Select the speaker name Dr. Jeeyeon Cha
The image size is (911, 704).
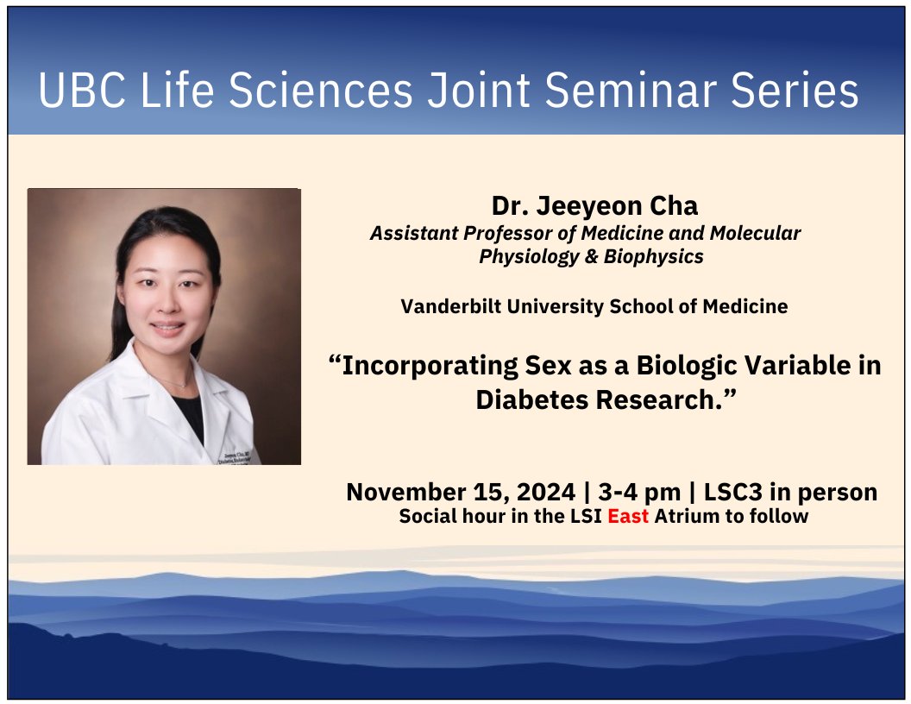[594, 206]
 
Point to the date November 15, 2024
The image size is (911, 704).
[460, 493]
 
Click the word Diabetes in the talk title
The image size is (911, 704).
[532, 400]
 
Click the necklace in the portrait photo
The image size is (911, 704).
[177, 382]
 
